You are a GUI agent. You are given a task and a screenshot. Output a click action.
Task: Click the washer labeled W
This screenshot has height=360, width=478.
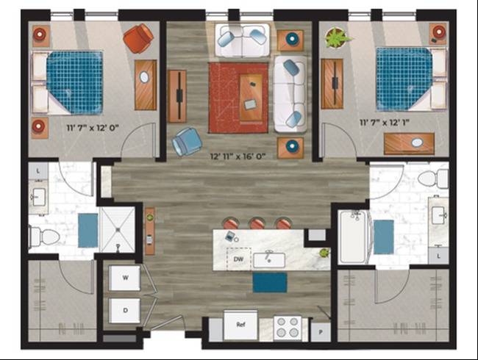125,278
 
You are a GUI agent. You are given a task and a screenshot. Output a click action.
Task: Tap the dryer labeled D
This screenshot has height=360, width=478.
125,310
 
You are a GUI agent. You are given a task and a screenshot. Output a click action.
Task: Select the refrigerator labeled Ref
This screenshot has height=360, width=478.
240,325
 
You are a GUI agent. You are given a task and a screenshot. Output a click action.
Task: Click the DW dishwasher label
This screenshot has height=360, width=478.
238,259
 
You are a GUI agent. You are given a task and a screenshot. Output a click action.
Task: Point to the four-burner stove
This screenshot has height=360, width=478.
288,328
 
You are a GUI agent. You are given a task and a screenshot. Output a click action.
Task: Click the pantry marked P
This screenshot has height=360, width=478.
321,332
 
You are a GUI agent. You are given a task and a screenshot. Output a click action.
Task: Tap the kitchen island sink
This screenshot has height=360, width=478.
269,260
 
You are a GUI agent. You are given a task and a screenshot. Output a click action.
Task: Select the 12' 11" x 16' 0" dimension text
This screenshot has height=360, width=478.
238,156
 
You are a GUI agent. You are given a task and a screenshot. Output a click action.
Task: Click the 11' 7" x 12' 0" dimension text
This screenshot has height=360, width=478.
93,128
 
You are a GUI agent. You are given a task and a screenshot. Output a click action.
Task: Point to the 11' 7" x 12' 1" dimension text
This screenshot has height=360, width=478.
385,123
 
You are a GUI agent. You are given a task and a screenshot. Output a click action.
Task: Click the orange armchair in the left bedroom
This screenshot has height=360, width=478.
138,38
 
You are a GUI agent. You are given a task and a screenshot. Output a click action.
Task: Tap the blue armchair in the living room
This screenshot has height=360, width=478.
187,142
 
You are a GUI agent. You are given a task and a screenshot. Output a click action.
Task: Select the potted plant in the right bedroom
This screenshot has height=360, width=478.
337,38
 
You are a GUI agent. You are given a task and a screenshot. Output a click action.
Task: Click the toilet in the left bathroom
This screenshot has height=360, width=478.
44,237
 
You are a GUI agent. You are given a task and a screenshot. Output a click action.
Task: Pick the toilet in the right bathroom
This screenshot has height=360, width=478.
433,179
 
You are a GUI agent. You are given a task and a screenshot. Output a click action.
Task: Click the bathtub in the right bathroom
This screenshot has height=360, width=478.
353,237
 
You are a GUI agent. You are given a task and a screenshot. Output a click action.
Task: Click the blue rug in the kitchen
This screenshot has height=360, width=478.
270,283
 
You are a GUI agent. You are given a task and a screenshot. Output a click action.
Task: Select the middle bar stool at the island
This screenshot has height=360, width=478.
257,223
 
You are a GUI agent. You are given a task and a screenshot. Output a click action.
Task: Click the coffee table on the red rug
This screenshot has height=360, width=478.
251,98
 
